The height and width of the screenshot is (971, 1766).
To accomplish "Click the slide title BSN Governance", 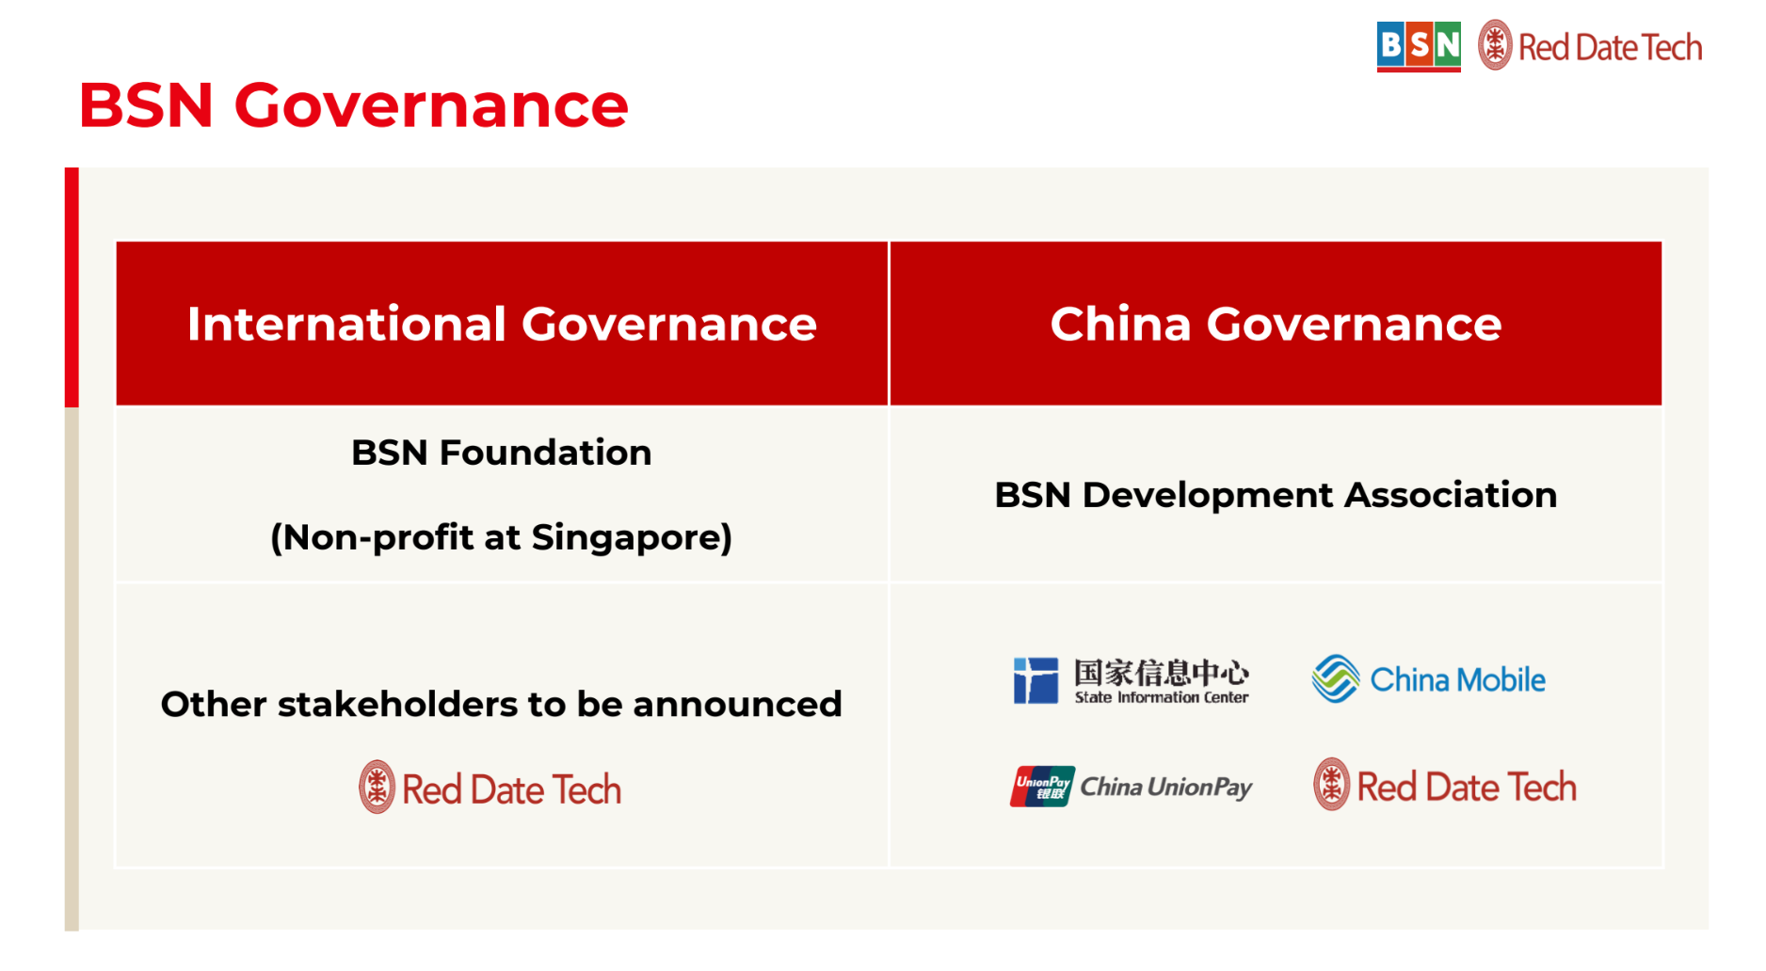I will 353,105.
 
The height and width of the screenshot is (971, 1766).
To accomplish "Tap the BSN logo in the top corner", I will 1418,46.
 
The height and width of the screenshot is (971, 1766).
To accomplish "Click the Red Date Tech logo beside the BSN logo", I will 1590,46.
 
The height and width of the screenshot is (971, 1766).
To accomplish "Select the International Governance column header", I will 501,324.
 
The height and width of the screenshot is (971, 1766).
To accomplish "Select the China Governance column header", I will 1275,324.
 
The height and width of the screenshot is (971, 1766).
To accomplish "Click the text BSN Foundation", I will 501,453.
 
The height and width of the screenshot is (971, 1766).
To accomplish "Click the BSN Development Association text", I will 1275,495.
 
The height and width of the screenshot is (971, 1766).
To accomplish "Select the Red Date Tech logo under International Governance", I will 490,788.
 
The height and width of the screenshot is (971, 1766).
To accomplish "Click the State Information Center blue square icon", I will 1036,680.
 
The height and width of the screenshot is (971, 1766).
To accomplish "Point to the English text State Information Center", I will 1161,697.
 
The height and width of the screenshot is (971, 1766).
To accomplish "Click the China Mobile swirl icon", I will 1335,678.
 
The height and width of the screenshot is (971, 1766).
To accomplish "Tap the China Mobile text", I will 1456,679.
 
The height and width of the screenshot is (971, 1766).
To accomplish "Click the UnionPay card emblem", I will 1042,787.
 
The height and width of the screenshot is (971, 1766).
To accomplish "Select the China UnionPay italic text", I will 1165,787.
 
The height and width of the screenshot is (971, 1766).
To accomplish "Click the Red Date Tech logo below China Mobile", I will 1445,786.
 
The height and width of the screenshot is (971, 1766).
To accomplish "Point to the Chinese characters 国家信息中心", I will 1161,672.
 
